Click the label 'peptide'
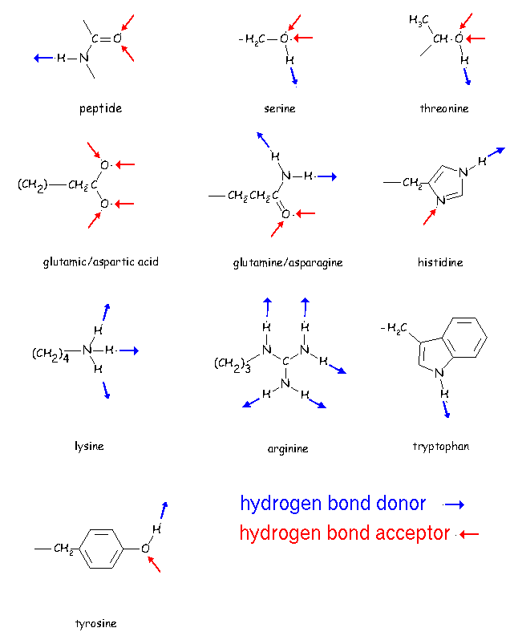100,108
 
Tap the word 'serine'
279,108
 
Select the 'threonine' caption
443,108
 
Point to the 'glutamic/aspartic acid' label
101,262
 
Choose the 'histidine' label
440,262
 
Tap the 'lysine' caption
89,446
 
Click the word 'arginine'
288,449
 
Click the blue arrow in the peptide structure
43,58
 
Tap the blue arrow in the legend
455,504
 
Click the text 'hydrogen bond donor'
333,504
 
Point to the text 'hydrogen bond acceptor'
345,533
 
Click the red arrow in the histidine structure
429,216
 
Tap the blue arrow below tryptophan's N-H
446,408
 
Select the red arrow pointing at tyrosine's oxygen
153,564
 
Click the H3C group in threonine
419,20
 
